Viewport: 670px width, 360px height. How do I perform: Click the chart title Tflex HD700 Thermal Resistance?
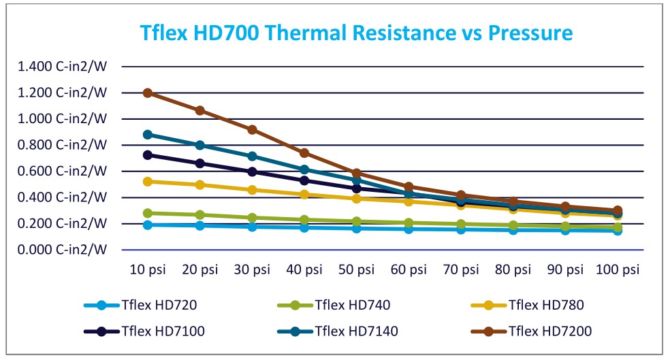click(x=356, y=32)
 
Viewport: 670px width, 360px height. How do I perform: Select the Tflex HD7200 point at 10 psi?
click(x=148, y=93)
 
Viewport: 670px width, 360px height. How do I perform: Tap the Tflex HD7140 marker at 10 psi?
click(x=148, y=135)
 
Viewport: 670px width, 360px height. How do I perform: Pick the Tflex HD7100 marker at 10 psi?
click(x=148, y=155)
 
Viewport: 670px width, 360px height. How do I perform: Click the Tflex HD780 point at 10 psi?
click(x=148, y=182)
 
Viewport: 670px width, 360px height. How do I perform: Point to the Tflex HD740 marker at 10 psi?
click(x=148, y=213)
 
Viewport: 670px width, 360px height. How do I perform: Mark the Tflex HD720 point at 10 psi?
click(x=148, y=225)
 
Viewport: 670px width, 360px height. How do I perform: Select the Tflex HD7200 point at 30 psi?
click(x=252, y=129)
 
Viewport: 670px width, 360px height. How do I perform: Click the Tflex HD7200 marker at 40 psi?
click(x=304, y=153)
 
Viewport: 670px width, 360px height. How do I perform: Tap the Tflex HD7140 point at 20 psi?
click(x=200, y=145)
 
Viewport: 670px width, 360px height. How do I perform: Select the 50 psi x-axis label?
click(x=357, y=269)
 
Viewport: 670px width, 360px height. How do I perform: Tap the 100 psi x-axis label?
click(x=617, y=269)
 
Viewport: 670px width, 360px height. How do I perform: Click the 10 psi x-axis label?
click(x=148, y=269)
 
